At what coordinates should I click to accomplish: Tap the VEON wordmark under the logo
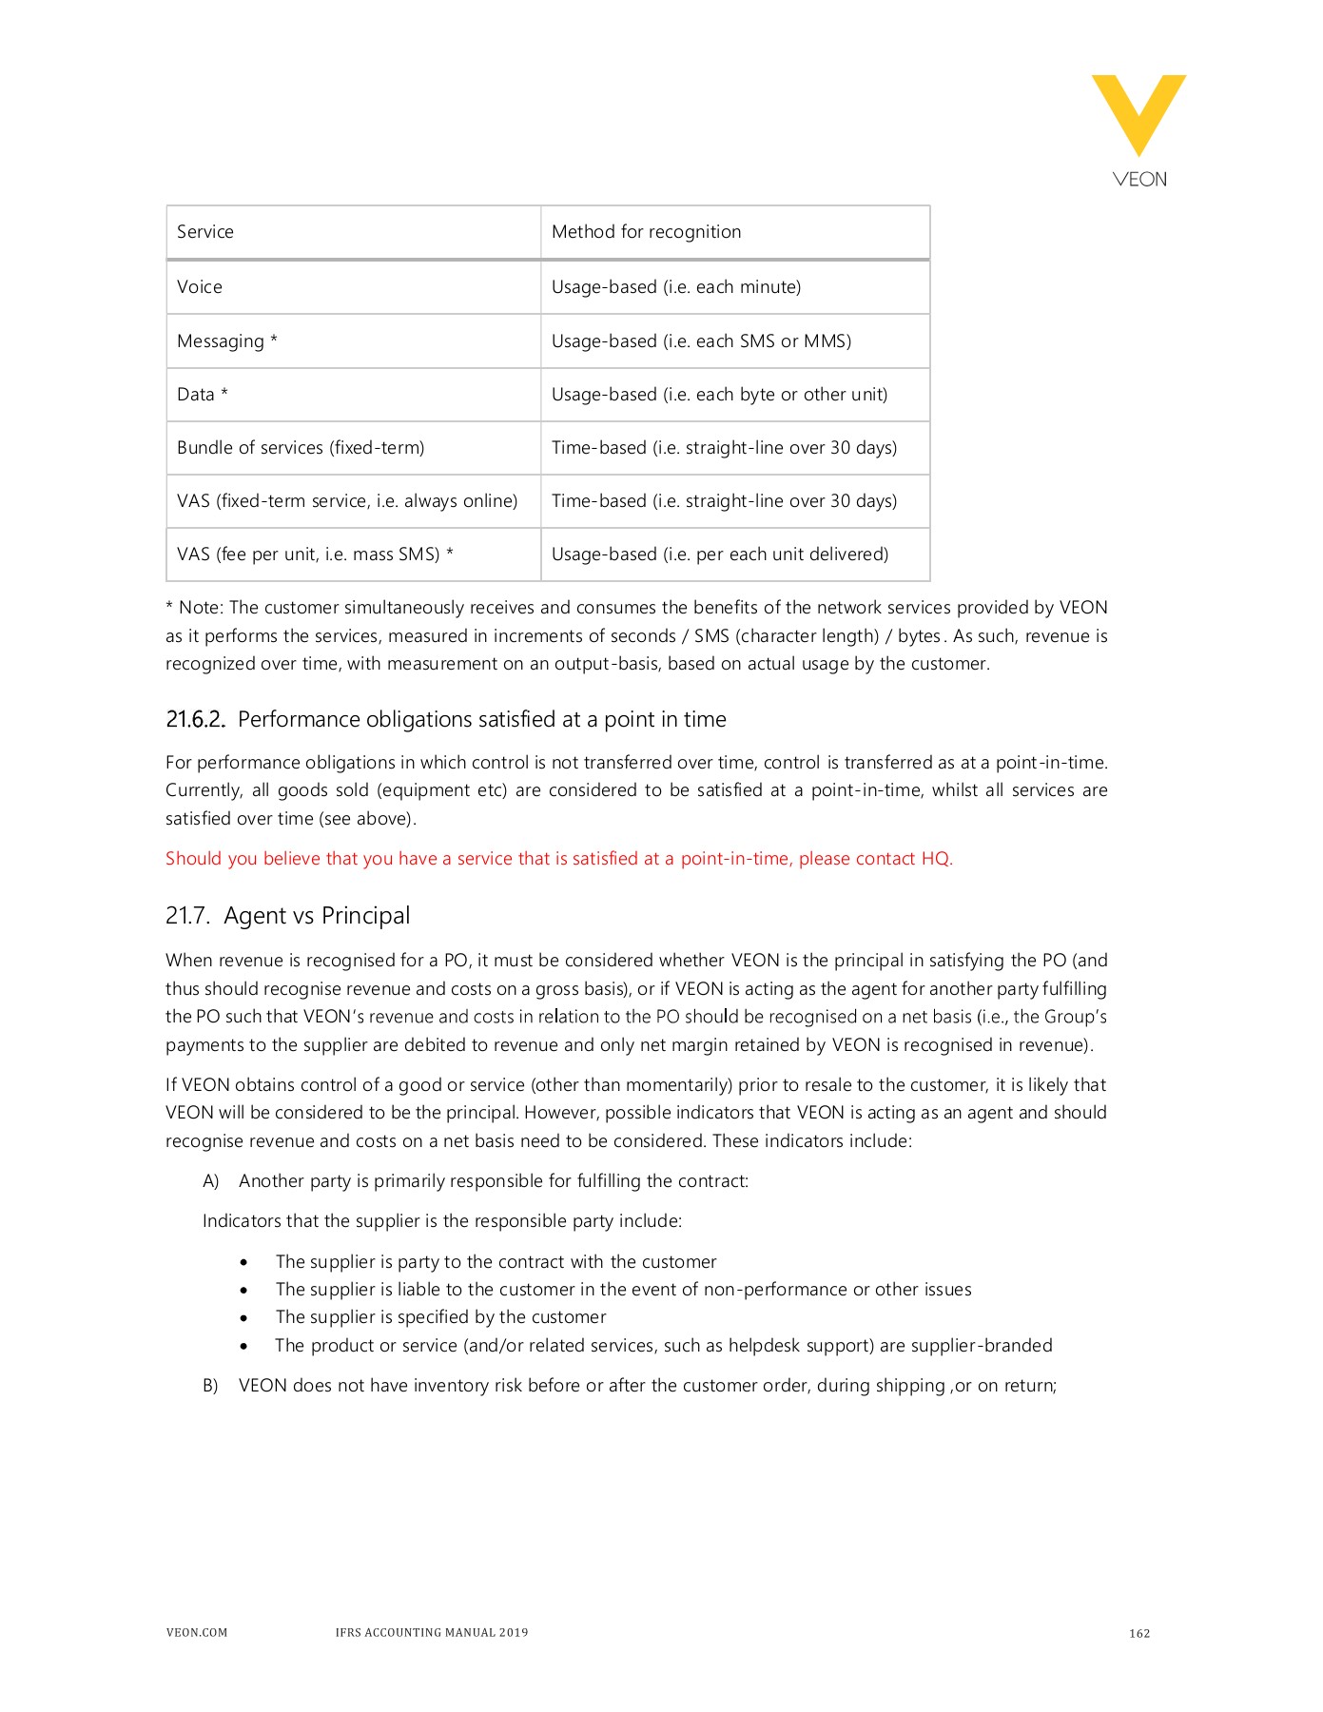coord(1139,180)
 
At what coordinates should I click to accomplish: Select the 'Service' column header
coord(205,232)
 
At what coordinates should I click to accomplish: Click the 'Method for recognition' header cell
coord(646,232)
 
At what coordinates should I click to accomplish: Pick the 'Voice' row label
coord(200,287)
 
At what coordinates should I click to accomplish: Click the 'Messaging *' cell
coord(227,341)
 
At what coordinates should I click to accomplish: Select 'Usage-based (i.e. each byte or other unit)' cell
coord(719,395)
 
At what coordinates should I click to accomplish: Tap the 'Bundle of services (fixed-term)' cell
coord(301,448)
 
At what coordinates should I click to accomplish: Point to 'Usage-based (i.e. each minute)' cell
coord(675,287)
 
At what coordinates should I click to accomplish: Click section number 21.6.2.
coord(195,720)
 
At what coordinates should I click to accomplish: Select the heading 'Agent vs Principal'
coord(317,916)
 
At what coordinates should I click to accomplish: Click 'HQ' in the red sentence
coord(936,859)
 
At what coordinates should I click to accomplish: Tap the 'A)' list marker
coord(210,1181)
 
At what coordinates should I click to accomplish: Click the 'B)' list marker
coord(210,1386)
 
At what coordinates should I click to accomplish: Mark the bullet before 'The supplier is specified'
coord(244,1318)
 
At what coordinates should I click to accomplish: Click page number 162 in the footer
coord(1139,1634)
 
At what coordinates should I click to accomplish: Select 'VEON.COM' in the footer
coord(197,1633)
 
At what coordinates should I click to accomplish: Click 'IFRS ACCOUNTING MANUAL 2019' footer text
coord(431,1633)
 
